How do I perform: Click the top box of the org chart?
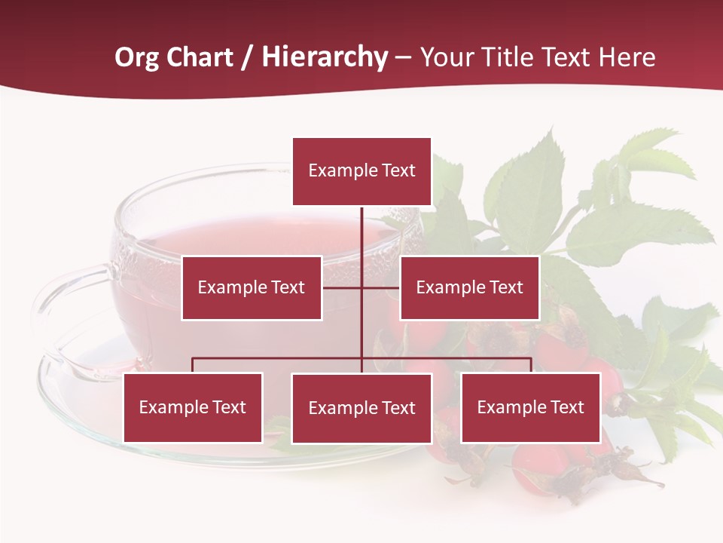click(361, 171)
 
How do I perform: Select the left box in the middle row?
click(252, 287)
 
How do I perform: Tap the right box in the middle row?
click(469, 287)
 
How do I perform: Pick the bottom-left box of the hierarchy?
click(193, 407)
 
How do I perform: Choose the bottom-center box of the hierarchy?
click(361, 408)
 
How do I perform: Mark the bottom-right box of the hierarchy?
click(530, 407)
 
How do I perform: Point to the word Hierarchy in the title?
click(325, 57)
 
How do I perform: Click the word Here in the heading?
click(627, 57)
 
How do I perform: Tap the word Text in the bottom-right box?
click(566, 407)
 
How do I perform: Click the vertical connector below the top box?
click(361, 241)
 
